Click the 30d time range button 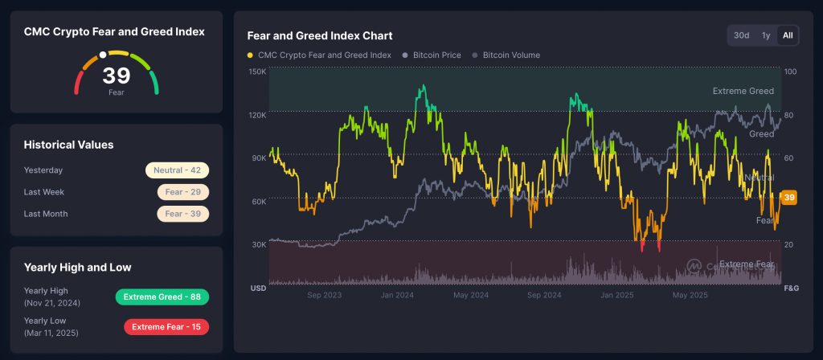(x=741, y=35)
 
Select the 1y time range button (x=766, y=35)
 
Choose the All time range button (x=788, y=35)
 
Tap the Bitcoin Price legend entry (x=437, y=55)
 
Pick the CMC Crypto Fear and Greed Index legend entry (x=324, y=55)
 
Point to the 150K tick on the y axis (x=257, y=72)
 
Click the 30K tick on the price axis (x=258, y=244)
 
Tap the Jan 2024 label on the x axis (x=397, y=296)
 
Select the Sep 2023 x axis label (x=324, y=296)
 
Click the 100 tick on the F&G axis (x=790, y=72)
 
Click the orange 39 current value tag (x=789, y=198)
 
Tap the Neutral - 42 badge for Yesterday (x=177, y=170)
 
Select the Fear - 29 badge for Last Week (x=183, y=192)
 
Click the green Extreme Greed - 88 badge (x=162, y=297)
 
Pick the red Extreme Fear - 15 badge (x=166, y=327)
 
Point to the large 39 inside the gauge (x=116, y=76)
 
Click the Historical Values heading (x=68, y=145)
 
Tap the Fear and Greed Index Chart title (x=319, y=35)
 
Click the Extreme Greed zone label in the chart (x=743, y=92)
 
